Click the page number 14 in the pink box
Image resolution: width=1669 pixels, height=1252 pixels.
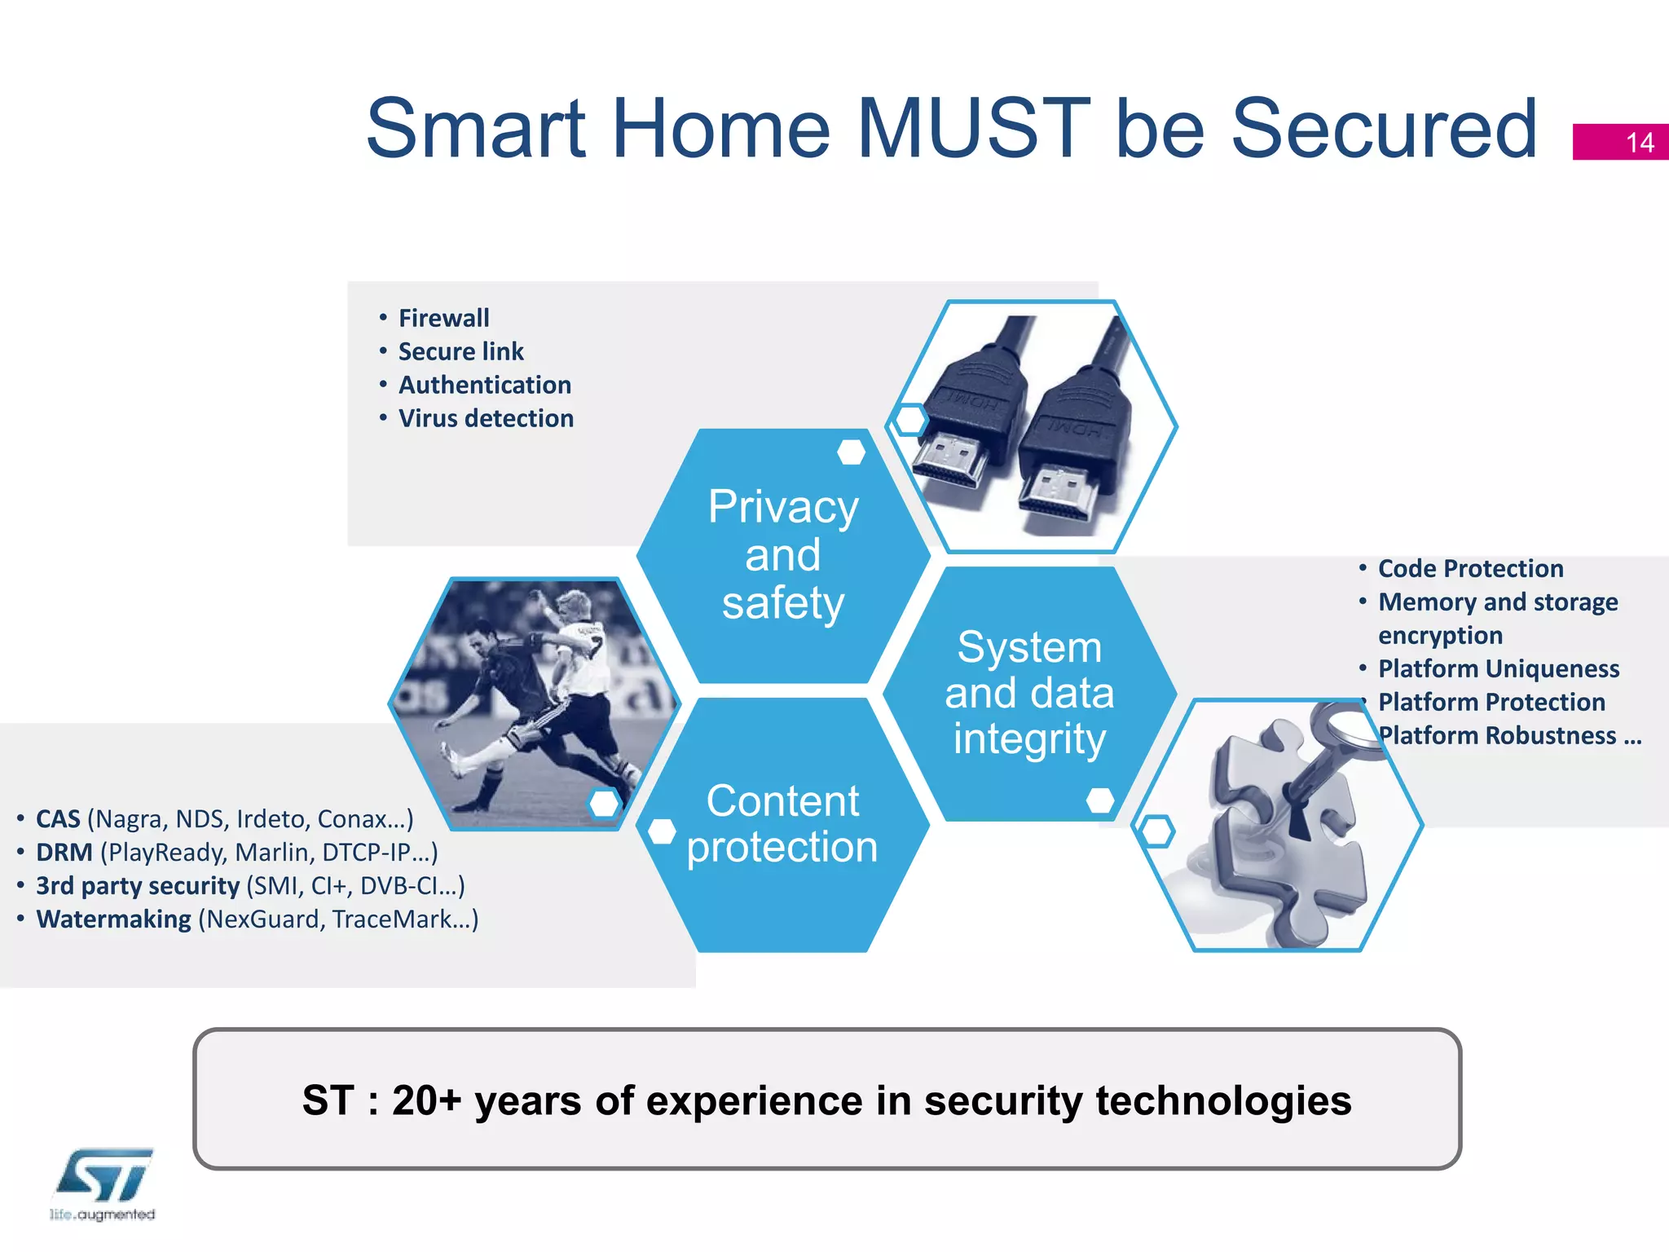[1640, 143]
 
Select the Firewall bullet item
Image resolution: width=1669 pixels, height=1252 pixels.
[443, 318]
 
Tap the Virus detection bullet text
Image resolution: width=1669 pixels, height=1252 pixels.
[486, 418]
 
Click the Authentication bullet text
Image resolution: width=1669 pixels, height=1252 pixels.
[485, 385]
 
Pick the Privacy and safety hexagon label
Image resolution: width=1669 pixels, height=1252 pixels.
[782, 555]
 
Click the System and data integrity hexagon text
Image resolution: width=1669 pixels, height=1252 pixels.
[1029, 693]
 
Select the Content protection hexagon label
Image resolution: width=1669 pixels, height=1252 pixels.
[782, 823]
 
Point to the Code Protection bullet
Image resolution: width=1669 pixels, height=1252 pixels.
[1470, 568]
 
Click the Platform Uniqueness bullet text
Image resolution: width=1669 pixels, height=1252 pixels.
[1498, 668]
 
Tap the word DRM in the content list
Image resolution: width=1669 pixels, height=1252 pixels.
[64, 853]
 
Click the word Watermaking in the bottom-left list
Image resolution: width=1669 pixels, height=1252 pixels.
[113, 919]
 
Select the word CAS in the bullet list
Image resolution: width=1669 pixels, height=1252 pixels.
[58, 819]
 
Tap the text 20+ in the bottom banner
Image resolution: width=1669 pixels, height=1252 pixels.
[426, 1100]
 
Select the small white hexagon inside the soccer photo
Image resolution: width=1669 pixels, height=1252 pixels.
[604, 804]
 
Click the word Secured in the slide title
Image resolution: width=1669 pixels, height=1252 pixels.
[1383, 129]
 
